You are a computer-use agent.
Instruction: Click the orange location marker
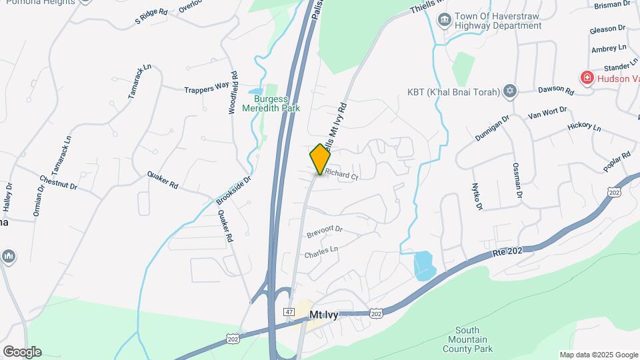[x=321, y=159]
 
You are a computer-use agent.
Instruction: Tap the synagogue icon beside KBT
[x=511, y=92]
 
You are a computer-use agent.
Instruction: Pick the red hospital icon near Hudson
[x=587, y=79]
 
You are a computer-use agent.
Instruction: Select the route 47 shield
[x=289, y=311]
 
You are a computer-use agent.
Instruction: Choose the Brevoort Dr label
[x=324, y=232]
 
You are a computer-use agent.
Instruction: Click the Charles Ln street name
[x=321, y=253]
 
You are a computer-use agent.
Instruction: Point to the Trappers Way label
[x=207, y=87]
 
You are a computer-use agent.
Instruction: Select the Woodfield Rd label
[x=233, y=93]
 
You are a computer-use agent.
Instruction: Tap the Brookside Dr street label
[x=233, y=190]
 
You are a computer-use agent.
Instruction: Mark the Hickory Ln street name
[x=584, y=125]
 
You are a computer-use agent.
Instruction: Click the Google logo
[x=22, y=352]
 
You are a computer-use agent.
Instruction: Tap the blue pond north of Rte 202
[x=424, y=265]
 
